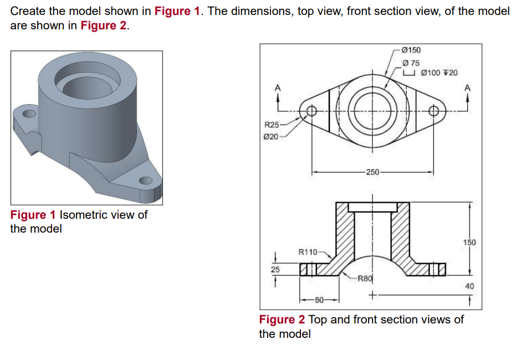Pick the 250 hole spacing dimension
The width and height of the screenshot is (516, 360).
click(x=372, y=172)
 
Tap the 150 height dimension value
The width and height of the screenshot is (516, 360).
click(x=469, y=243)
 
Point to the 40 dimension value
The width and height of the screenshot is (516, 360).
click(x=469, y=286)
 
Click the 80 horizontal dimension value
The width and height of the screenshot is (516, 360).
click(x=319, y=300)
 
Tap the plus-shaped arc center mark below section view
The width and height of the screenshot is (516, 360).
click(x=372, y=296)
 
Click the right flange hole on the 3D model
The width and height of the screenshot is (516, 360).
click(x=146, y=180)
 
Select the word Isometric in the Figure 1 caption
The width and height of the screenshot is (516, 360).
click(x=84, y=215)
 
